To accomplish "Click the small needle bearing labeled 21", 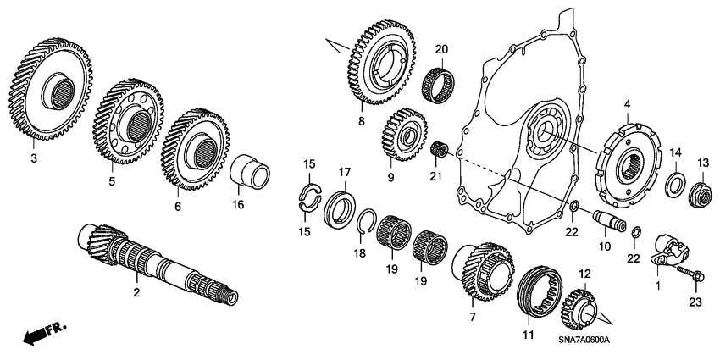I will pyautogui.click(x=439, y=149).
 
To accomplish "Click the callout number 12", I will pyautogui.click(x=584, y=274).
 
